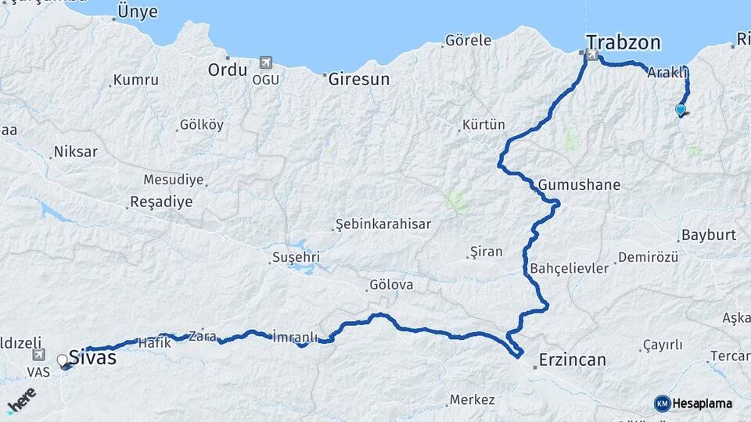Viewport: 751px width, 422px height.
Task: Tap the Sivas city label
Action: coord(92,358)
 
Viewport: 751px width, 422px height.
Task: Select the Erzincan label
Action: coord(572,360)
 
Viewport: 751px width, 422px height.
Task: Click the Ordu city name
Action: coord(228,70)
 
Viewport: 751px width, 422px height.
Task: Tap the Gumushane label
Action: coord(579,185)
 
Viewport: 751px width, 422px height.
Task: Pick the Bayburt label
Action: coord(709,234)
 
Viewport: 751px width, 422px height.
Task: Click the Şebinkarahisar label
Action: coord(383,224)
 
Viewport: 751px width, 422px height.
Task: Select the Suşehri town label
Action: coord(296,257)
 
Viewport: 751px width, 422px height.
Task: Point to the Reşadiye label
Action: coord(160,202)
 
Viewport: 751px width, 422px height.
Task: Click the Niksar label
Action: coord(75,152)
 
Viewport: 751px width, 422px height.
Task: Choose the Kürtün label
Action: coord(483,125)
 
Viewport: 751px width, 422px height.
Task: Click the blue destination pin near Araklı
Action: coord(681,110)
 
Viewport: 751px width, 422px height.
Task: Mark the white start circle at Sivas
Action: coord(63,360)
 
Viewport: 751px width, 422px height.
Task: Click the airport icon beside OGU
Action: coord(265,63)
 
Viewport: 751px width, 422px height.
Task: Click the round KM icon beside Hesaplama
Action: coord(662,403)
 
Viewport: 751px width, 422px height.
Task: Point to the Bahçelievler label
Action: coord(569,268)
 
